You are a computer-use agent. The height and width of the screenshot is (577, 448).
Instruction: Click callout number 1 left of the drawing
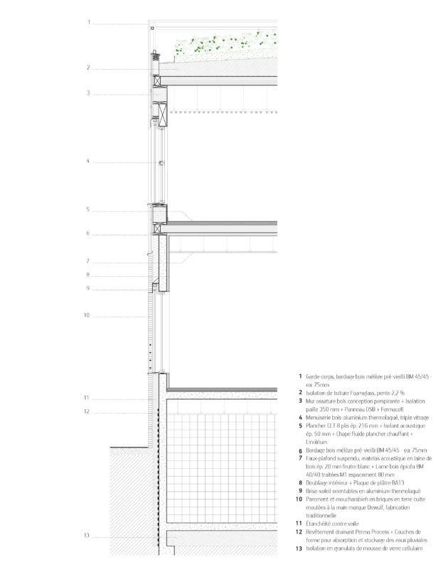(x=90, y=23)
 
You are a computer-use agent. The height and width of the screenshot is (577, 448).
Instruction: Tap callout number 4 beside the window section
(x=88, y=162)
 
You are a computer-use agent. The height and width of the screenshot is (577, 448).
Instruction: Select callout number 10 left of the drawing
(x=86, y=314)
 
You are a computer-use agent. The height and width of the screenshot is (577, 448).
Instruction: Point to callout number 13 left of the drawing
(x=86, y=536)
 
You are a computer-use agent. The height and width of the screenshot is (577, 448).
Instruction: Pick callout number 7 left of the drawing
(x=88, y=260)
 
